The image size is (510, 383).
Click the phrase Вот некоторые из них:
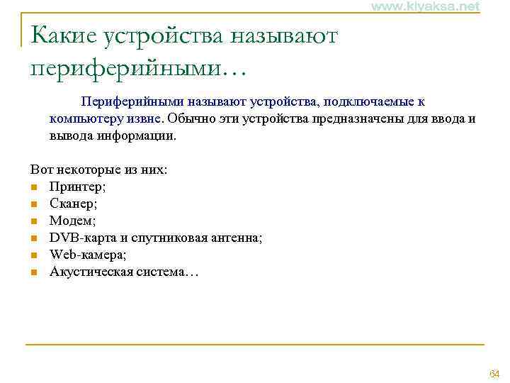[98, 171]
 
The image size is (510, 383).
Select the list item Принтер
[76, 187]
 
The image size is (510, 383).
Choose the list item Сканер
[73, 204]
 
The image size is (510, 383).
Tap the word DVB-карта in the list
[79, 238]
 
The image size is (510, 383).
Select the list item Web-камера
[87, 255]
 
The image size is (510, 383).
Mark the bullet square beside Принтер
[33, 188]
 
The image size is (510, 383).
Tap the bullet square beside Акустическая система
[33, 272]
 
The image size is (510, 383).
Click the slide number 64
[494, 374]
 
